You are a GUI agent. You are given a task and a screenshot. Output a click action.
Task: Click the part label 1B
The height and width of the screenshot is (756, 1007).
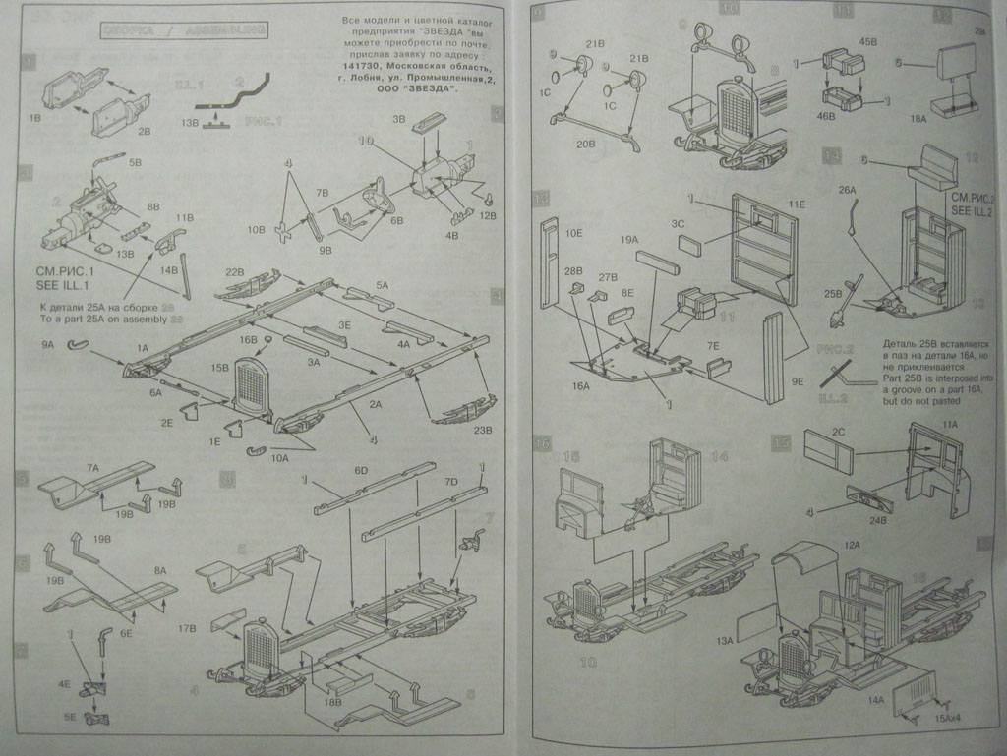click(34, 117)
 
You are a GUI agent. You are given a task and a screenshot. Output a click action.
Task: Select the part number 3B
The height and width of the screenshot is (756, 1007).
click(399, 118)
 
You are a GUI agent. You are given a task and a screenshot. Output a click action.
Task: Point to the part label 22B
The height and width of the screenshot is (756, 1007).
click(234, 272)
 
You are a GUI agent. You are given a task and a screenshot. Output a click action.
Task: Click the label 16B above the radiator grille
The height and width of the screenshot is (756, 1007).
click(248, 339)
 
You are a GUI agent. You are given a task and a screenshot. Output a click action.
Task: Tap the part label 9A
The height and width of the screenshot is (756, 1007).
click(47, 345)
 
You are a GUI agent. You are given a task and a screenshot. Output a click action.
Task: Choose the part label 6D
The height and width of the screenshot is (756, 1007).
click(360, 471)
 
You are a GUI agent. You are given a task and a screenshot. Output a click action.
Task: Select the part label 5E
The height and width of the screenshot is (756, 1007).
click(71, 718)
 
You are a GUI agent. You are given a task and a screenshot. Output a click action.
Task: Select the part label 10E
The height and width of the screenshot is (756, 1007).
click(574, 234)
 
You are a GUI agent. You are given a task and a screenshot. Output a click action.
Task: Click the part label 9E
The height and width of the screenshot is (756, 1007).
click(798, 380)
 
